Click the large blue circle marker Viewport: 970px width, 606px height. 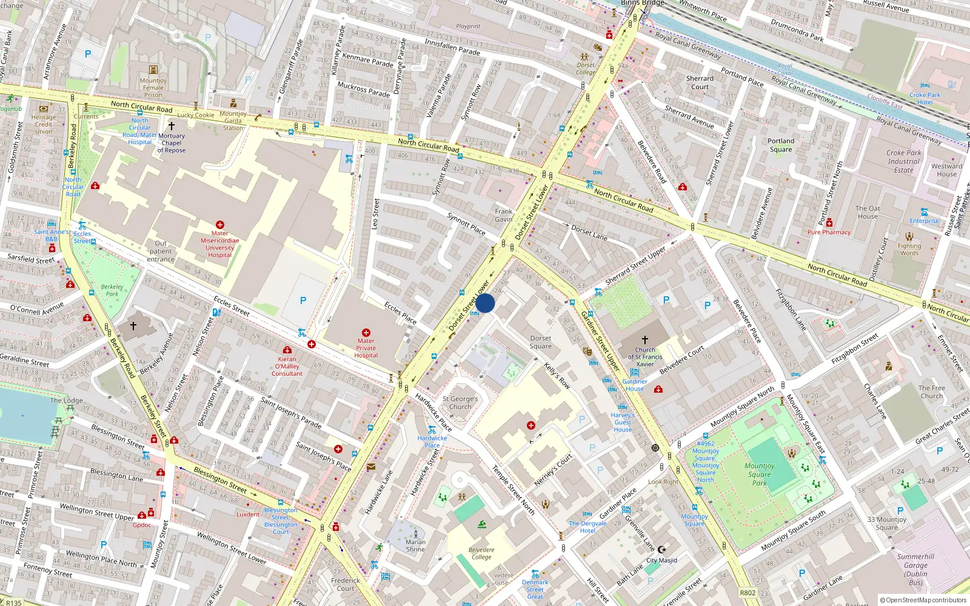pos(485,303)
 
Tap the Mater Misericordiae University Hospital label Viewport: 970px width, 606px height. pos(219,244)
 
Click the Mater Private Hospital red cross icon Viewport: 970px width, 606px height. pos(366,333)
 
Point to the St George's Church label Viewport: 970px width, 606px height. pos(460,403)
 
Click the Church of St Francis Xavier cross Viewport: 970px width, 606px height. pos(644,341)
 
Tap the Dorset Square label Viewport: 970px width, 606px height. pos(540,342)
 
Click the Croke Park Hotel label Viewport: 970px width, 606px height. pos(925,99)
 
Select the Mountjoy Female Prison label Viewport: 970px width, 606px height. pos(153,88)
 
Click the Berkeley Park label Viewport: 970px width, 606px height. pos(112,290)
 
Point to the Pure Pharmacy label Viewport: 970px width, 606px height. pos(829,232)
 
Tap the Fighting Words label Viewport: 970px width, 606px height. pos(909,249)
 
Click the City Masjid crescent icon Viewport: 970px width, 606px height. pos(661,550)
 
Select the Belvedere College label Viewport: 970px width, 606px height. pos(481,553)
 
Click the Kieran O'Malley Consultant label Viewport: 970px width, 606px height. pos(287,366)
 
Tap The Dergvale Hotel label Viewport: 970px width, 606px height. pos(587,527)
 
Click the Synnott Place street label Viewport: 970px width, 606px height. pos(466,224)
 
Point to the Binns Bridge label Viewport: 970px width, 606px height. pos(642,3)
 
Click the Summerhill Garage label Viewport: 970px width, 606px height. pos(915,569)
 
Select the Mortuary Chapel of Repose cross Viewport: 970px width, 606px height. pos(172,126)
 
